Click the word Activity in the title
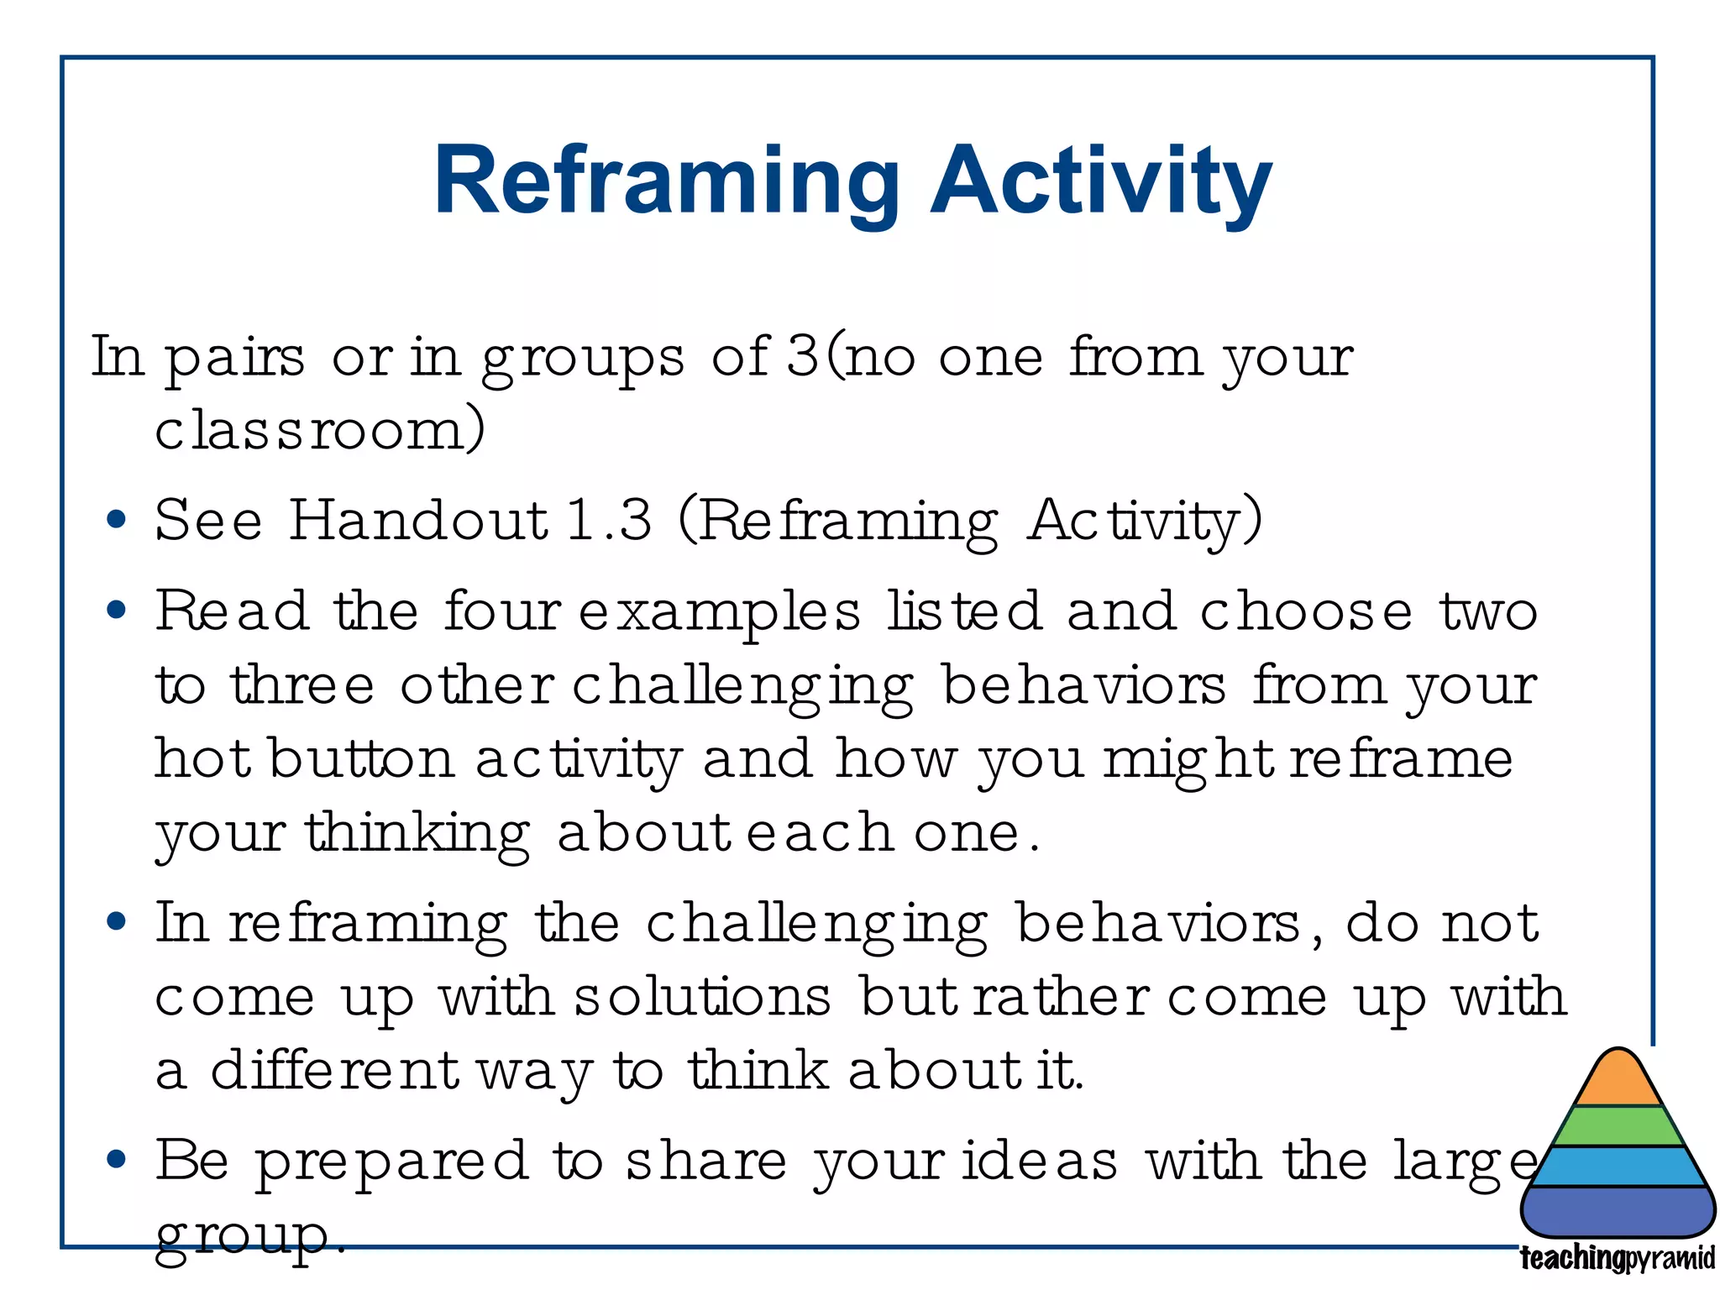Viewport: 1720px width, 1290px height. [1101, 183]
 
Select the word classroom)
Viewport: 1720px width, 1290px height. [320, 430]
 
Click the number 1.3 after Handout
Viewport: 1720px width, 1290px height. [609, 520]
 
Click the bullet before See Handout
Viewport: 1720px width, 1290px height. [117, 520]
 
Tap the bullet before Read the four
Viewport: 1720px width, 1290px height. [117, 610]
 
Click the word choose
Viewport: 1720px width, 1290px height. [1306, 611]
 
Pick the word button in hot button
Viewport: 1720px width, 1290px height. [362, 759]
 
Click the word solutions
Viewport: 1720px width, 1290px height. [702, 998]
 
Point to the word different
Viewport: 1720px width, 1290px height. [334, 1071]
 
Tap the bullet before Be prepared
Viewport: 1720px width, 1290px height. [117, 1161]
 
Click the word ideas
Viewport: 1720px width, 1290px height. [1040, 1162]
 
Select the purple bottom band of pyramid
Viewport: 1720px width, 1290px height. [1618, 1211]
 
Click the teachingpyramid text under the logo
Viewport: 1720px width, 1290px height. [1618, 1259]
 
